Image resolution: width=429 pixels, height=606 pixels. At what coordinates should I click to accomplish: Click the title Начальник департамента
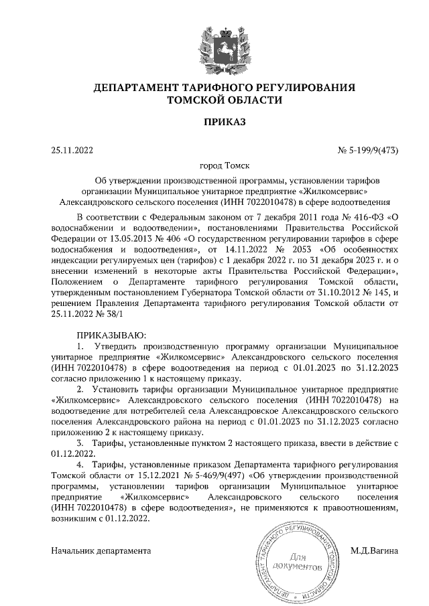click(101, 551)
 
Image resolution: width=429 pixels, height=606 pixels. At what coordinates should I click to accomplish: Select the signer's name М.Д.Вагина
click(374, 551)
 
